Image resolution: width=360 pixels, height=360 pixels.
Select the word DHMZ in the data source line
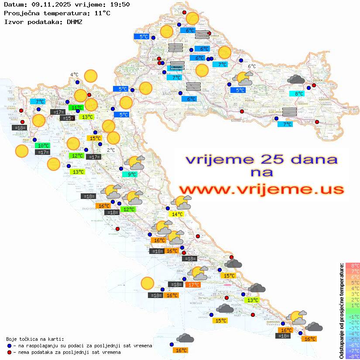74,21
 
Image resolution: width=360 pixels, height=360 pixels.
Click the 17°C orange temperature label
192,285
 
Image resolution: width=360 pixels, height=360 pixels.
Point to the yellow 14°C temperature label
176,214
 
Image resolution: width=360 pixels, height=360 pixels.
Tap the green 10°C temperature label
43,146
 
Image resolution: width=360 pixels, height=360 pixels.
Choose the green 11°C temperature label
77,107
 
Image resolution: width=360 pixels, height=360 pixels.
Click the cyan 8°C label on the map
298,93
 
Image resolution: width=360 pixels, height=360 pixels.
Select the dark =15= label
67,118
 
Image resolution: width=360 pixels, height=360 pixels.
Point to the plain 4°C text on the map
74,75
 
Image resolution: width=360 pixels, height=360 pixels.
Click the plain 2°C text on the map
111,150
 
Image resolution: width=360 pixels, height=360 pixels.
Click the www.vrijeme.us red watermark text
261,189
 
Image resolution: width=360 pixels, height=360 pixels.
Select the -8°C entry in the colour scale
353,356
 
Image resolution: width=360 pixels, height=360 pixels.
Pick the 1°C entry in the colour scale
353,305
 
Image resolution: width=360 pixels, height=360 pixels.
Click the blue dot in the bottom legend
9,346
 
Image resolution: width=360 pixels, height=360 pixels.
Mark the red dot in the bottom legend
9,352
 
